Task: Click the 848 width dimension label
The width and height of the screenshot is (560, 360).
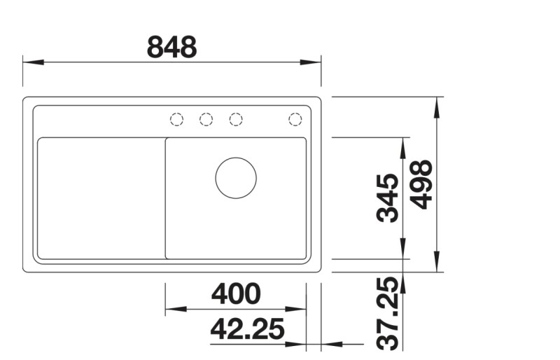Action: (171, 47)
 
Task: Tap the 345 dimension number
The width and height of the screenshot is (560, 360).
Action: (388, 198)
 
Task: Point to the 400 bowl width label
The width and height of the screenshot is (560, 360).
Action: (236, 293)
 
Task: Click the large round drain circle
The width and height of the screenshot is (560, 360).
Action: (236, 177)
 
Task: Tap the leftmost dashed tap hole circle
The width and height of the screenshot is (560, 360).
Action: (176, 119)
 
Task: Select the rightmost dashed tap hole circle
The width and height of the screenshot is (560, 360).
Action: (295, 119)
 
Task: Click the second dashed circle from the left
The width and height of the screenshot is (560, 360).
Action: (206, 119)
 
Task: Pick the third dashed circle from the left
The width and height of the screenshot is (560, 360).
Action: (236, 119)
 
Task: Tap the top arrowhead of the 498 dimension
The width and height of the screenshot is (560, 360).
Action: (437, 106)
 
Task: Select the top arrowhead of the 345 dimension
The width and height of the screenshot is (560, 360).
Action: (404, 146)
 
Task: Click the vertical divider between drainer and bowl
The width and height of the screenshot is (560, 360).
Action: (165, 198)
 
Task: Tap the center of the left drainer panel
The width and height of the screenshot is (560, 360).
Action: (101, 198)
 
